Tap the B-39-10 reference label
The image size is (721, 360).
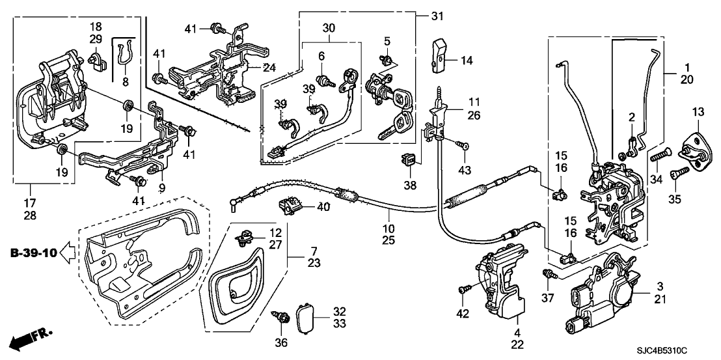tap(31, 251)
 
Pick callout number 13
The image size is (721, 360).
tap(697, 113)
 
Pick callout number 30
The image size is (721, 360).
tap(328, 29)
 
